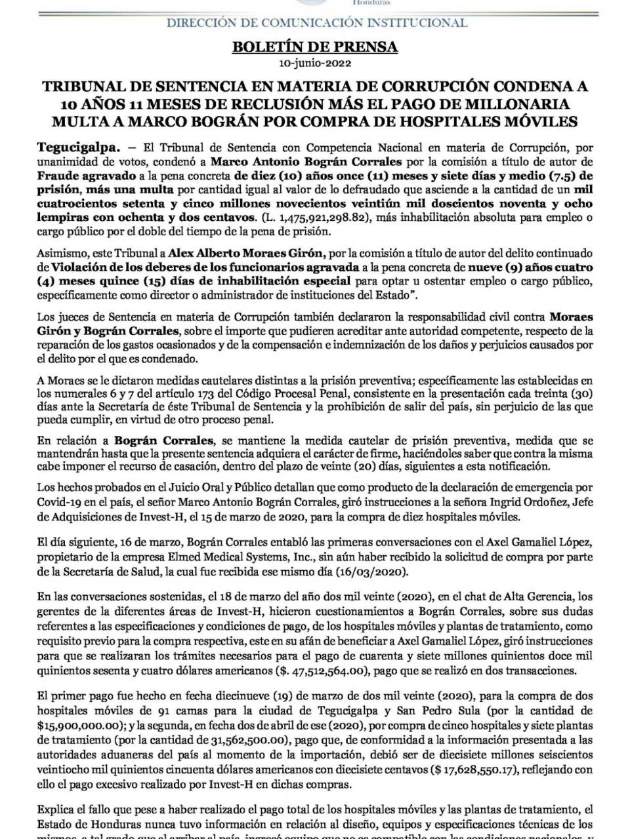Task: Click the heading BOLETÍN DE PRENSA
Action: (x=315, y=47)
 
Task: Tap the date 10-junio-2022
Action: (x=315, y=64)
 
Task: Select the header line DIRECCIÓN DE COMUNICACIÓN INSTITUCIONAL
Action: (x=317, y=23)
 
